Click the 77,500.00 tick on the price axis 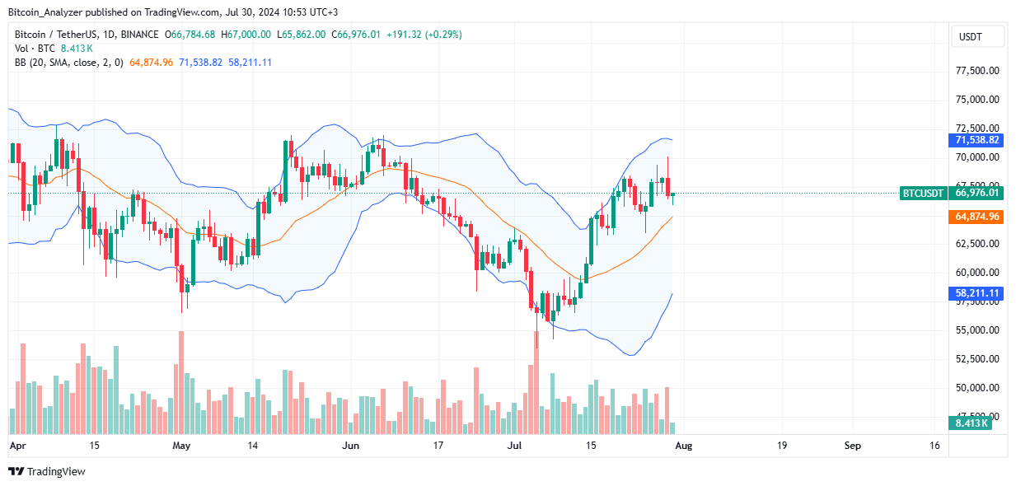pos(977,71)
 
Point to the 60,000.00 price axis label pos(977,273)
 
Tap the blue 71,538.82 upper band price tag pos(976,141)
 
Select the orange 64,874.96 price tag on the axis pos(976,217)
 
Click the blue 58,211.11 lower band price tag pos(976,292)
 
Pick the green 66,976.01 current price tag pos(976,194)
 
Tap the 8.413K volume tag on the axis pos(973,423)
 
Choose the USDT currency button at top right pos(977,37)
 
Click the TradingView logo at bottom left pos(48,471)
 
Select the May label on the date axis pos(182,446)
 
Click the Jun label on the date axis pos(351,446)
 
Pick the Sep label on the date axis pos(852,446)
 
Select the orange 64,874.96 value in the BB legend pos(152,63)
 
